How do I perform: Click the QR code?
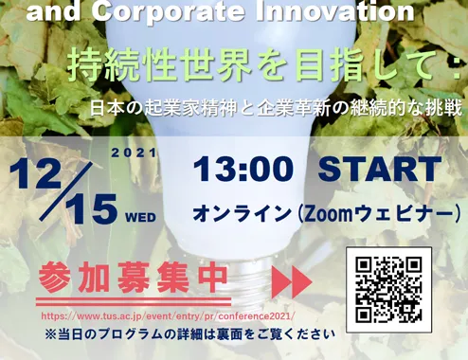click(388, 289)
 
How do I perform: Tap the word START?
click(379, 170)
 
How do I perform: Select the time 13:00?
click(243, 170)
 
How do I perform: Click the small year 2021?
click(134, 153)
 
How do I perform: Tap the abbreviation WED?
click(141, 218)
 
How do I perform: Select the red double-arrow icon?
click(292, 282)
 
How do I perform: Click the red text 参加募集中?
click(133, 279)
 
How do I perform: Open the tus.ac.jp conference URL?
click(168, 316)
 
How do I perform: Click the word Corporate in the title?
click(169, 12)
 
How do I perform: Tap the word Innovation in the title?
click(334, 11)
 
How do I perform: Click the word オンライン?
click(242, 215)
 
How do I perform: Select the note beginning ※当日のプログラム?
click(190, 334)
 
